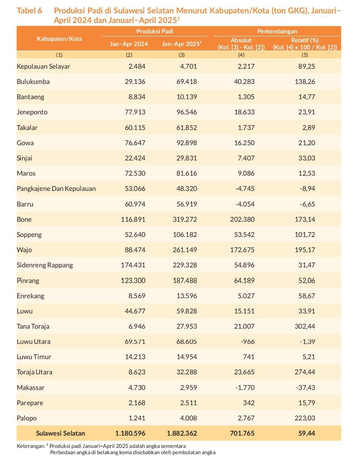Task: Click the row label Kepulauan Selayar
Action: coord(43,66)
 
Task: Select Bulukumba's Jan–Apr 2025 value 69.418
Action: coord(187,82)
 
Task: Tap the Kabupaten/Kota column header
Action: coord(59,39)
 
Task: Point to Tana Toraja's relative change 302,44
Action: coord(305,326)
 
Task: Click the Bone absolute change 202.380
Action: coord(242,219)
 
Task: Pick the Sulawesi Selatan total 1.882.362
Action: coord(182,433)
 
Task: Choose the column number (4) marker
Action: coord(241,55)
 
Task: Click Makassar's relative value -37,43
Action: coord(305,388)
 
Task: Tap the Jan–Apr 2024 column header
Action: coord(129,44)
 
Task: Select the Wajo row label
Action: coord(24,250)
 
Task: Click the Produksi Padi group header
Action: coord(155,32)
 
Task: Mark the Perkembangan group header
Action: coord(277,32)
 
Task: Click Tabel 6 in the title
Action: coord(30,11)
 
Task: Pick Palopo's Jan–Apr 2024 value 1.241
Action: coord(137,418)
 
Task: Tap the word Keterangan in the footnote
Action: coord(31,446)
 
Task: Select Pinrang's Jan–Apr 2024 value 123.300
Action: coord(133,281)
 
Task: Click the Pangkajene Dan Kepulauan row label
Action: coord(56,189)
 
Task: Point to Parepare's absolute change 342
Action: coord(249,403)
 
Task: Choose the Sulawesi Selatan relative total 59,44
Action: coord(307,433)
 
